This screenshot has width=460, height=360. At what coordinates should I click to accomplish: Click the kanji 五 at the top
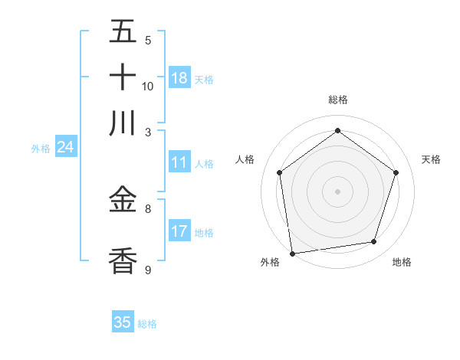tap(123, 32)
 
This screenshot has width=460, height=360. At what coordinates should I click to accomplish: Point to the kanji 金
tap(123, 201)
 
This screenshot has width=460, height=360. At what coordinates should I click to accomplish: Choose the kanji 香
tap(123, 260)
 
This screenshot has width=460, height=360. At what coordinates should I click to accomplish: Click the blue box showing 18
tap(179, 77)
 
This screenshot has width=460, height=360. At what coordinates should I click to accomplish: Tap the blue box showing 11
tap(179, 162)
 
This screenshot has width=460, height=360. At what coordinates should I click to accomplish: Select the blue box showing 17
tap(179, 231)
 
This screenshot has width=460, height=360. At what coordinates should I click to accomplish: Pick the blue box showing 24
tap(65, 147)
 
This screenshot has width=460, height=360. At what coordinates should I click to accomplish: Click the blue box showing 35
tap(123, 322)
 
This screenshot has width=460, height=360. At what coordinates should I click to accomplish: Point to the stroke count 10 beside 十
tap(148, 86)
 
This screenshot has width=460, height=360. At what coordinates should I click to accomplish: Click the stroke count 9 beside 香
tap(148, 270)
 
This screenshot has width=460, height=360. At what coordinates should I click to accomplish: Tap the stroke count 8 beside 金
tap(148, 208)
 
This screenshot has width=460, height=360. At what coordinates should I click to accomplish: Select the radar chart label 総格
tap(337, 100)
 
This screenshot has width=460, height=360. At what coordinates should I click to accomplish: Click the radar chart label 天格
tap(431, 159)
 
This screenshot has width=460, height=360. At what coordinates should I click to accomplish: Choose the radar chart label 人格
tap(245, 159)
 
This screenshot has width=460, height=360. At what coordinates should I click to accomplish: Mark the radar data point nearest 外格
tap(292, 253)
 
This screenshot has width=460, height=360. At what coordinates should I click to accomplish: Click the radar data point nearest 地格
tap(374, 242)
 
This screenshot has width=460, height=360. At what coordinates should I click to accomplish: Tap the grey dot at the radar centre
tap(337, 191)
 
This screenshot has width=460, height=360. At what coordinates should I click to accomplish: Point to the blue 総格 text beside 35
tap(147, 324)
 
